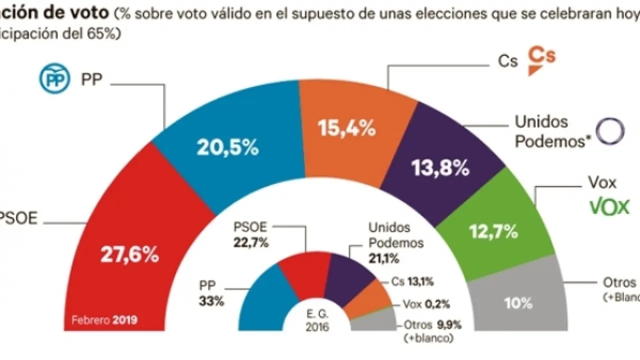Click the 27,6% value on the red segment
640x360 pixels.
click(x=129, y=255)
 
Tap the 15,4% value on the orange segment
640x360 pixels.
click(x=347, y=128)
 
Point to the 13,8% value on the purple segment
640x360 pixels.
click(x=440, y=168)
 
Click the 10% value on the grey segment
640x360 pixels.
click(x=519, y=302)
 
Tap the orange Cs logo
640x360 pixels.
click(x=542, y=61)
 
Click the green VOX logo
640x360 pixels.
click(x=609, y=206)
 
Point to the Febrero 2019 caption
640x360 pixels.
click(x=104, y=319)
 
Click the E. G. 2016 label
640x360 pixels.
click(x=318, y=321)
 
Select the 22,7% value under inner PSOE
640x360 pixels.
click(x=251, y=243)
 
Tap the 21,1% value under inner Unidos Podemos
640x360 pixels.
click(x=383, y=258)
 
